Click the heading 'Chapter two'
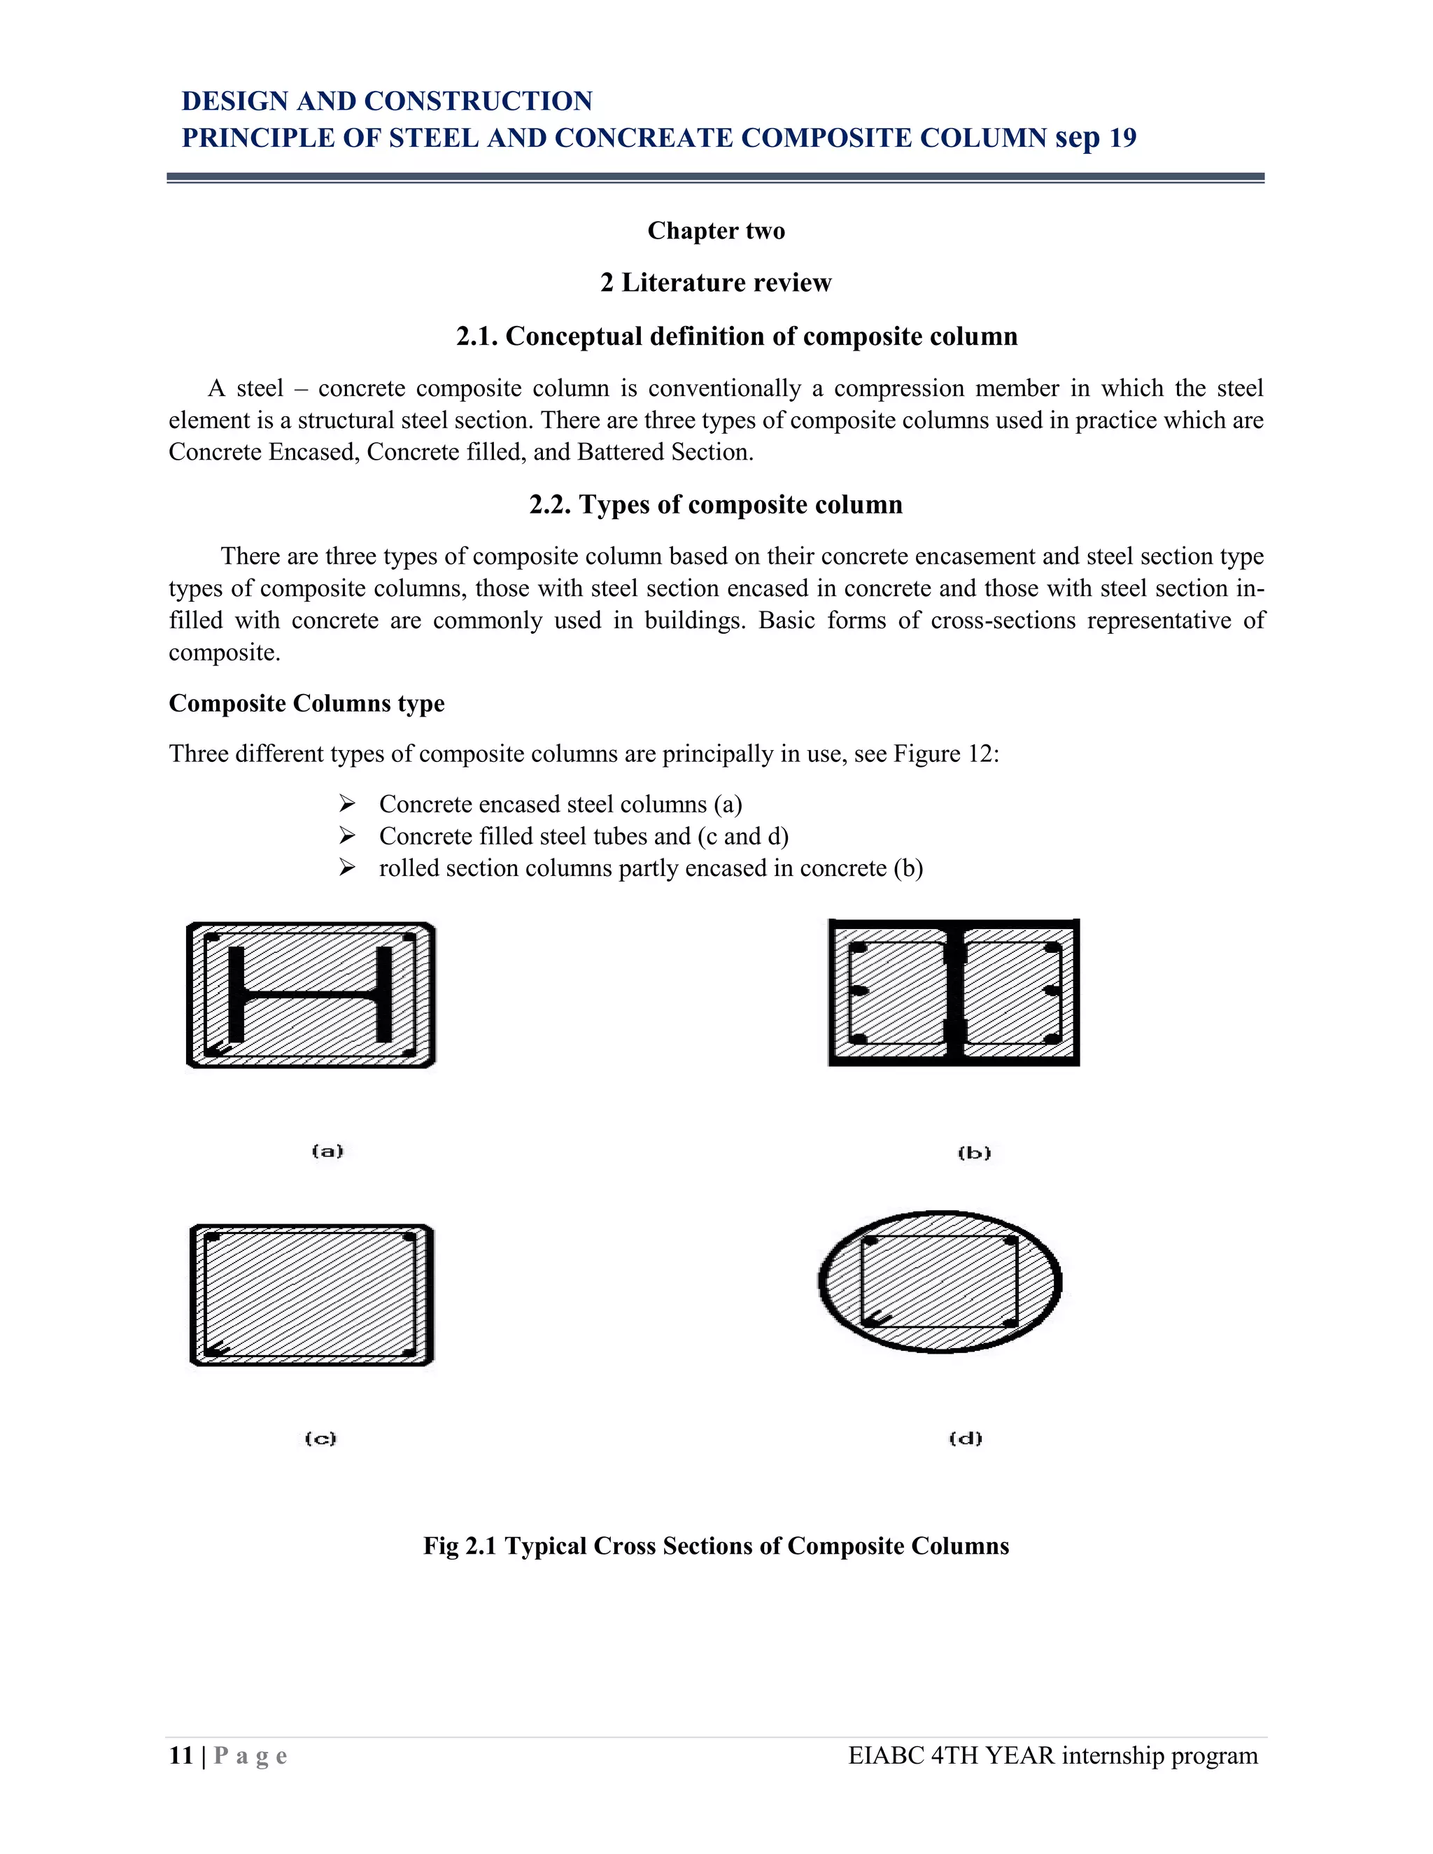(x=716, y=231)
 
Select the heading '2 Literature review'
(x=716, y=283)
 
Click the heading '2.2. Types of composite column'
(x=716, y=505)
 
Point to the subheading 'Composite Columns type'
(x=306, y=704)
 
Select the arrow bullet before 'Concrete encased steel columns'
(x=346, y=803)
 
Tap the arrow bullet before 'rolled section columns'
(x=346, y=868)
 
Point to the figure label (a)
(x=327, y=1151)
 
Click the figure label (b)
(x=974, y=1153)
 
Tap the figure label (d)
(x=965, y=1438)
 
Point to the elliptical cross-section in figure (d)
(x=940, y=1281)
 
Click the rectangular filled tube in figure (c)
(x=311, y=1294)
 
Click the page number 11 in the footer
(x=181, y=1755)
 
